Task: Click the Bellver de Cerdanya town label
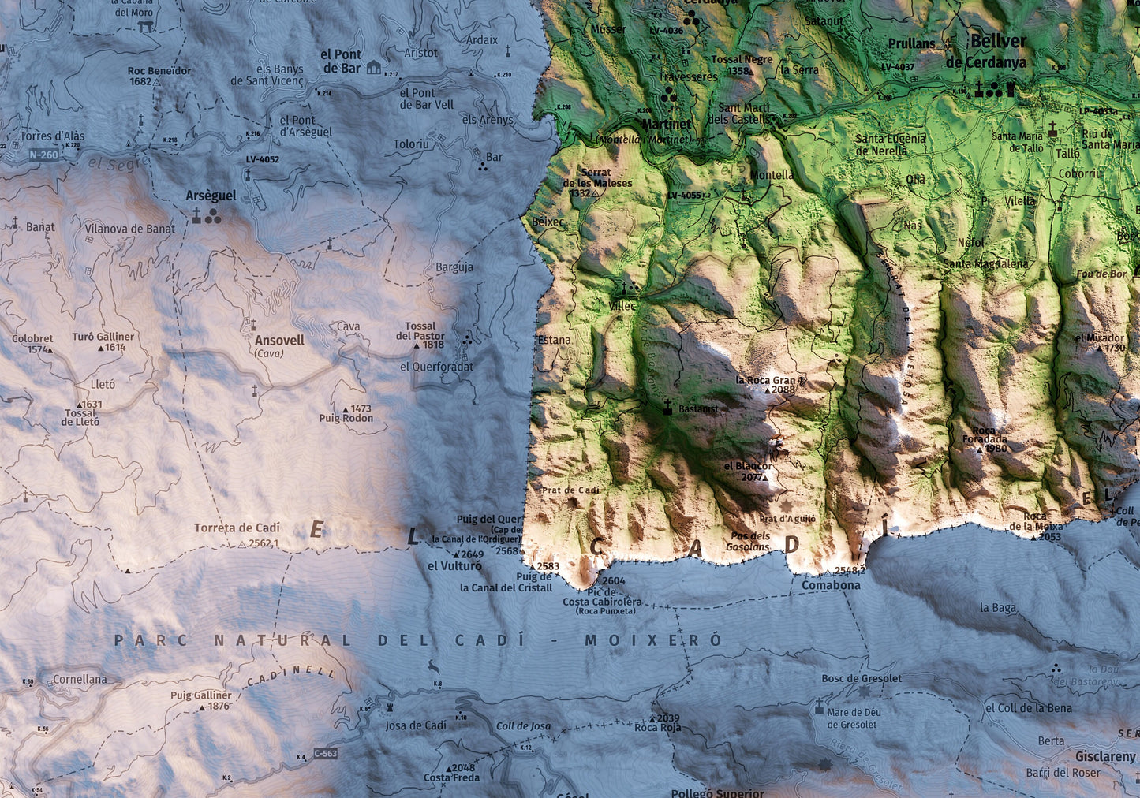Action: click(997, 51)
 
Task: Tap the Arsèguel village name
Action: click(211, 196)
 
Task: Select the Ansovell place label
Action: click(279, 341)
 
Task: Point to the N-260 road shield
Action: click(43, 155)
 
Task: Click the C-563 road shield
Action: click(325, 753)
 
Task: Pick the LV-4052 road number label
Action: click(262, 159)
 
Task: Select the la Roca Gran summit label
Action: click(765, 380)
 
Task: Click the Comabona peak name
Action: click(831, 585)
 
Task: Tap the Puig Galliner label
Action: click(201, 695)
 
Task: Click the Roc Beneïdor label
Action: click(159, 71)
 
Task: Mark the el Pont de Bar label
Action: click(341, 62)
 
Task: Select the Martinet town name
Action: click(666, 124)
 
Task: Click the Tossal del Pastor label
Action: click(420, 330)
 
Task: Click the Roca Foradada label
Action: click(985, 439)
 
